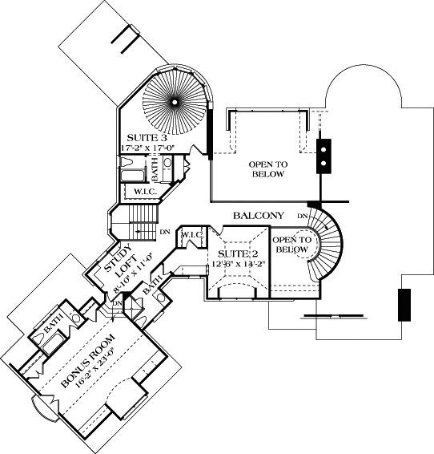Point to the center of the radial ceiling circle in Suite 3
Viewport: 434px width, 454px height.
[174, 101]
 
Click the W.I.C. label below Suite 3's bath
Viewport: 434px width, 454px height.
[144, 192]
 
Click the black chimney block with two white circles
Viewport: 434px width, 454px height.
[324, 155]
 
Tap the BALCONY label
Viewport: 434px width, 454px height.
[259, 216]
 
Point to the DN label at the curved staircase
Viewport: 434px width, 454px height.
[303, 217]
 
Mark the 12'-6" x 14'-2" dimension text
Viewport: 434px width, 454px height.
[237, 267]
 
